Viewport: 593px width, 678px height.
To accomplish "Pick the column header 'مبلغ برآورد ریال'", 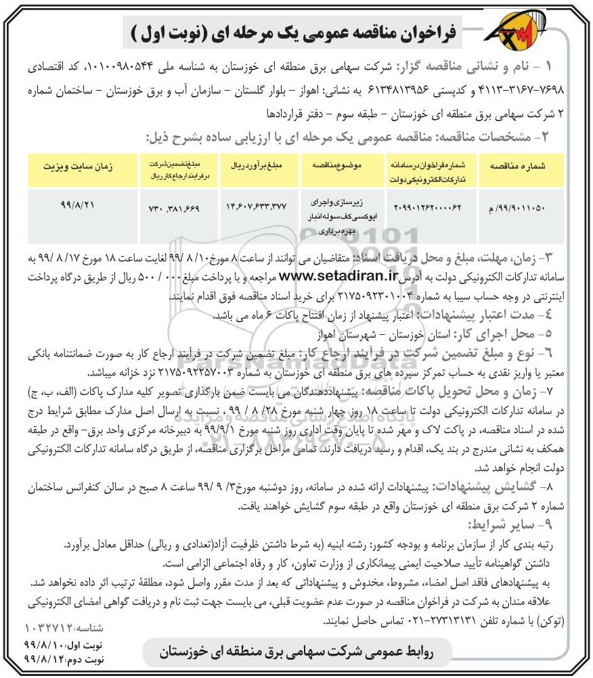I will [x=256, y=165].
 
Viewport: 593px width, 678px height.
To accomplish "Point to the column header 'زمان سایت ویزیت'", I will [x=76, y=165].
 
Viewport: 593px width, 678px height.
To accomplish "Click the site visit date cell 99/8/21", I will [x=76, y=202].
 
